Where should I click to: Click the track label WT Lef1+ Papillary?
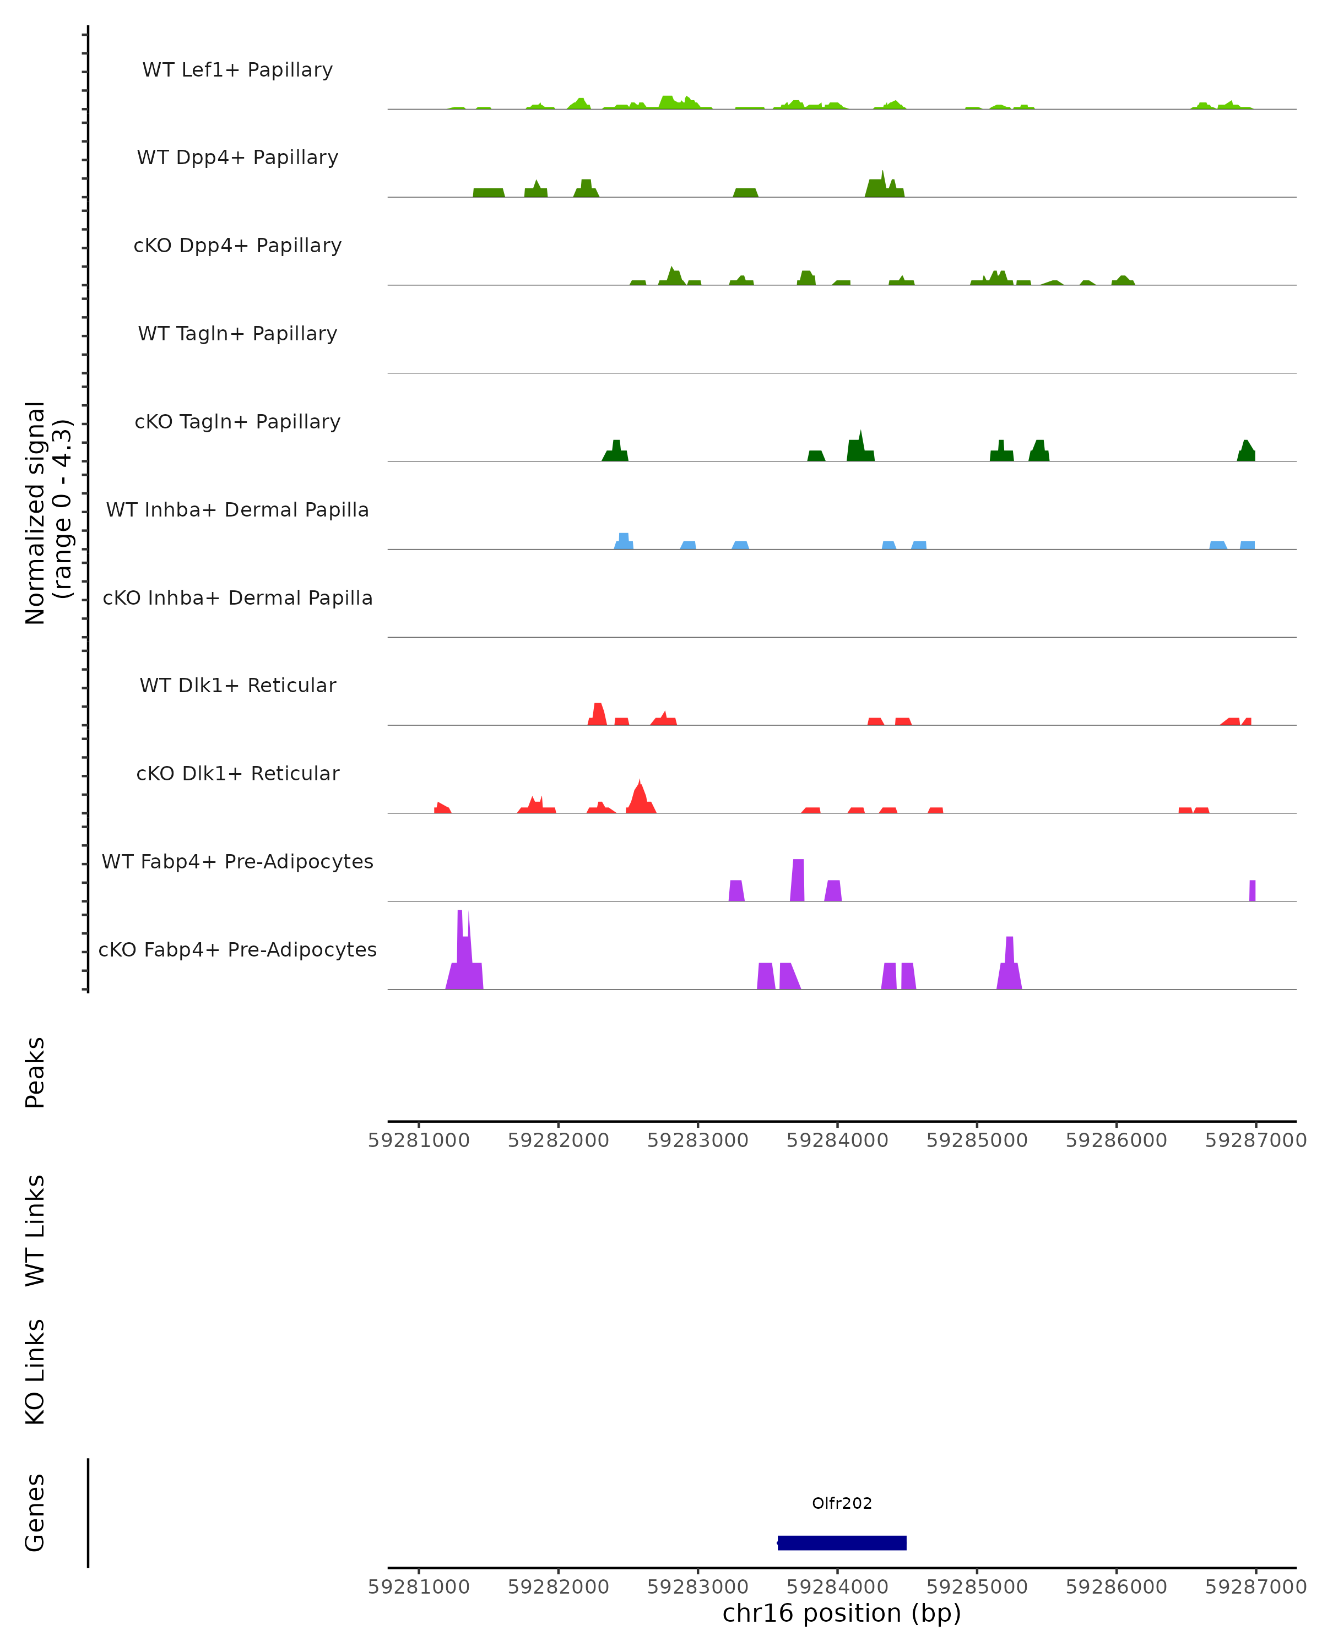point(237,70)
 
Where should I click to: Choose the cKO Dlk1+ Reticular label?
point(237,773)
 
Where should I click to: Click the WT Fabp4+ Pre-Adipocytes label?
point(237,861)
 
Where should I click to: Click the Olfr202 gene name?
point(842,1503)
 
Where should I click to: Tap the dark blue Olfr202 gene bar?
point(842,1542)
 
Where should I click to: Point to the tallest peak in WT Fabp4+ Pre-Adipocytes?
point(797,879)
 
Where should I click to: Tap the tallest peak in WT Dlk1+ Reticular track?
point(598,713)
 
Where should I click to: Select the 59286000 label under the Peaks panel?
point(1116,1140)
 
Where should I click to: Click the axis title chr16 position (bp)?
point(842,1613)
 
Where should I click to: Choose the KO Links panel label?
point(35,1372)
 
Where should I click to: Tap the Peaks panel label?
point(35,1072)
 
